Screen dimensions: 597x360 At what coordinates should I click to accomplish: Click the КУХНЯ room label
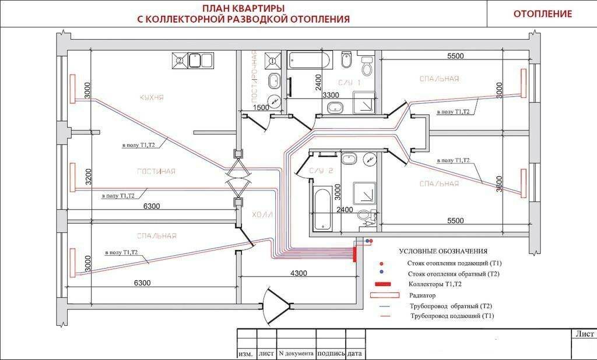coord(152,97)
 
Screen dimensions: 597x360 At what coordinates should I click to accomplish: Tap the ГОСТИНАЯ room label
coord(156,171)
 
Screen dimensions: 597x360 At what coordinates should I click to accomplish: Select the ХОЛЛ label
coord(262,215)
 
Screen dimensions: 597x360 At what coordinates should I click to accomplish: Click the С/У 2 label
coord(321,171)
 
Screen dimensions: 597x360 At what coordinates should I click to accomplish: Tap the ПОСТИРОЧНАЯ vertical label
coord(254,77)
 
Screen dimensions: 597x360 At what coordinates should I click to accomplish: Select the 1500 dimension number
coord(261,108)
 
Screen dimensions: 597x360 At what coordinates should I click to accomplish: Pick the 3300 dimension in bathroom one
coord(331,95)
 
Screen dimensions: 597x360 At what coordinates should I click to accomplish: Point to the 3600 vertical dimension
coord(500,184)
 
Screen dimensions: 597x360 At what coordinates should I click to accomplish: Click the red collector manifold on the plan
coord(354,254)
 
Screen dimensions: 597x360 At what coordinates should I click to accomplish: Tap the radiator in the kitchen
coord(72,89)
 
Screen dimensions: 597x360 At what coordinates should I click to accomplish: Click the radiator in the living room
coord(72,177)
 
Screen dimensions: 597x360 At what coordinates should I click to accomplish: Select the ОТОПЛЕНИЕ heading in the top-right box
coord(543,14)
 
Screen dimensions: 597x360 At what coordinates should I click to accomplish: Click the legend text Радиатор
coord(422,295)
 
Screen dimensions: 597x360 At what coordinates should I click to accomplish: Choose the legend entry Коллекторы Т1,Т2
coord(435,284)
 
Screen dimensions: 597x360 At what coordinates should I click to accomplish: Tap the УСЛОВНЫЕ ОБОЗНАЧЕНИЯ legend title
coord(443,251)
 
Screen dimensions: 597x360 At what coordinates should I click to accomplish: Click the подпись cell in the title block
coord(331,353)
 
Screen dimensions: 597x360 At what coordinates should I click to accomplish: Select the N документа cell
coord(297,353)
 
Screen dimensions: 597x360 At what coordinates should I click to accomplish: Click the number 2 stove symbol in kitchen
coord(180,60)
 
